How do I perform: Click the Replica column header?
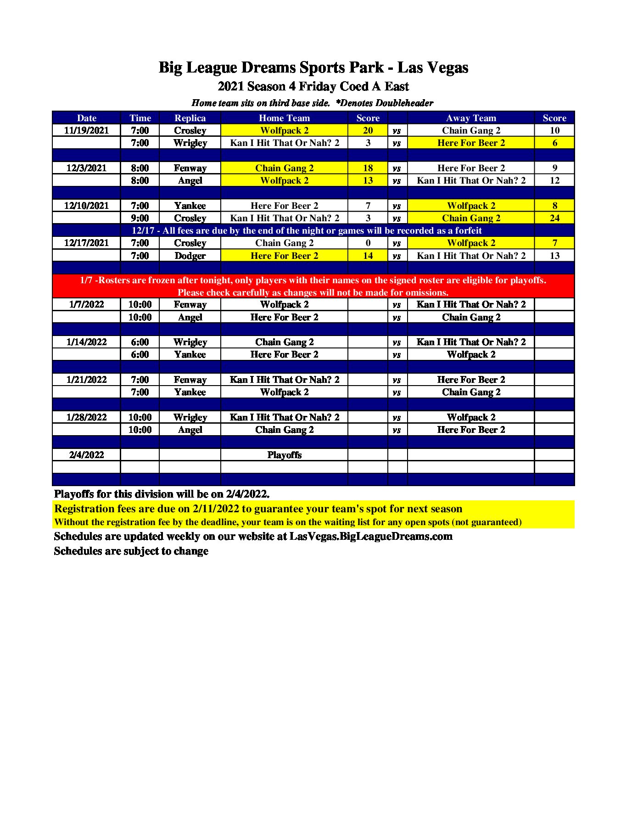click(190, 118)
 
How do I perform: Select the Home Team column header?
click(284, 118)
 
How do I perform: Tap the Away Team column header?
click(471, 118)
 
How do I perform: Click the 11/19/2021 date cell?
click(86, 130)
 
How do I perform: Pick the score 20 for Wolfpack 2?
click(368, 130)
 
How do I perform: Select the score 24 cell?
click(554, 218)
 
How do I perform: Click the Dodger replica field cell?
click(190, 256)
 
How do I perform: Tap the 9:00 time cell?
click(140, 218)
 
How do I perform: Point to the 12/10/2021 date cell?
click(86, 206)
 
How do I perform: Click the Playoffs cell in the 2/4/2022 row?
click(284, 455)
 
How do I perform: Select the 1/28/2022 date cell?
click(86, 417)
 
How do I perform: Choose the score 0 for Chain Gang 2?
click(368, 243)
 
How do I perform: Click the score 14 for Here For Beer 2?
click(368, 256)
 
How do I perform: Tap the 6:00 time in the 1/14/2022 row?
click(140, 342)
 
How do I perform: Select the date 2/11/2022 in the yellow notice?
click(216, 509)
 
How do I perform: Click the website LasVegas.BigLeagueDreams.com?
click(371, 536)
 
